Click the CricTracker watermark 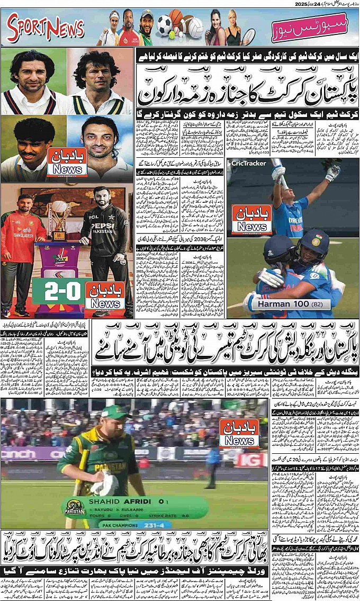coord(248,163)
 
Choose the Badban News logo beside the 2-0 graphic coord(105,297)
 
